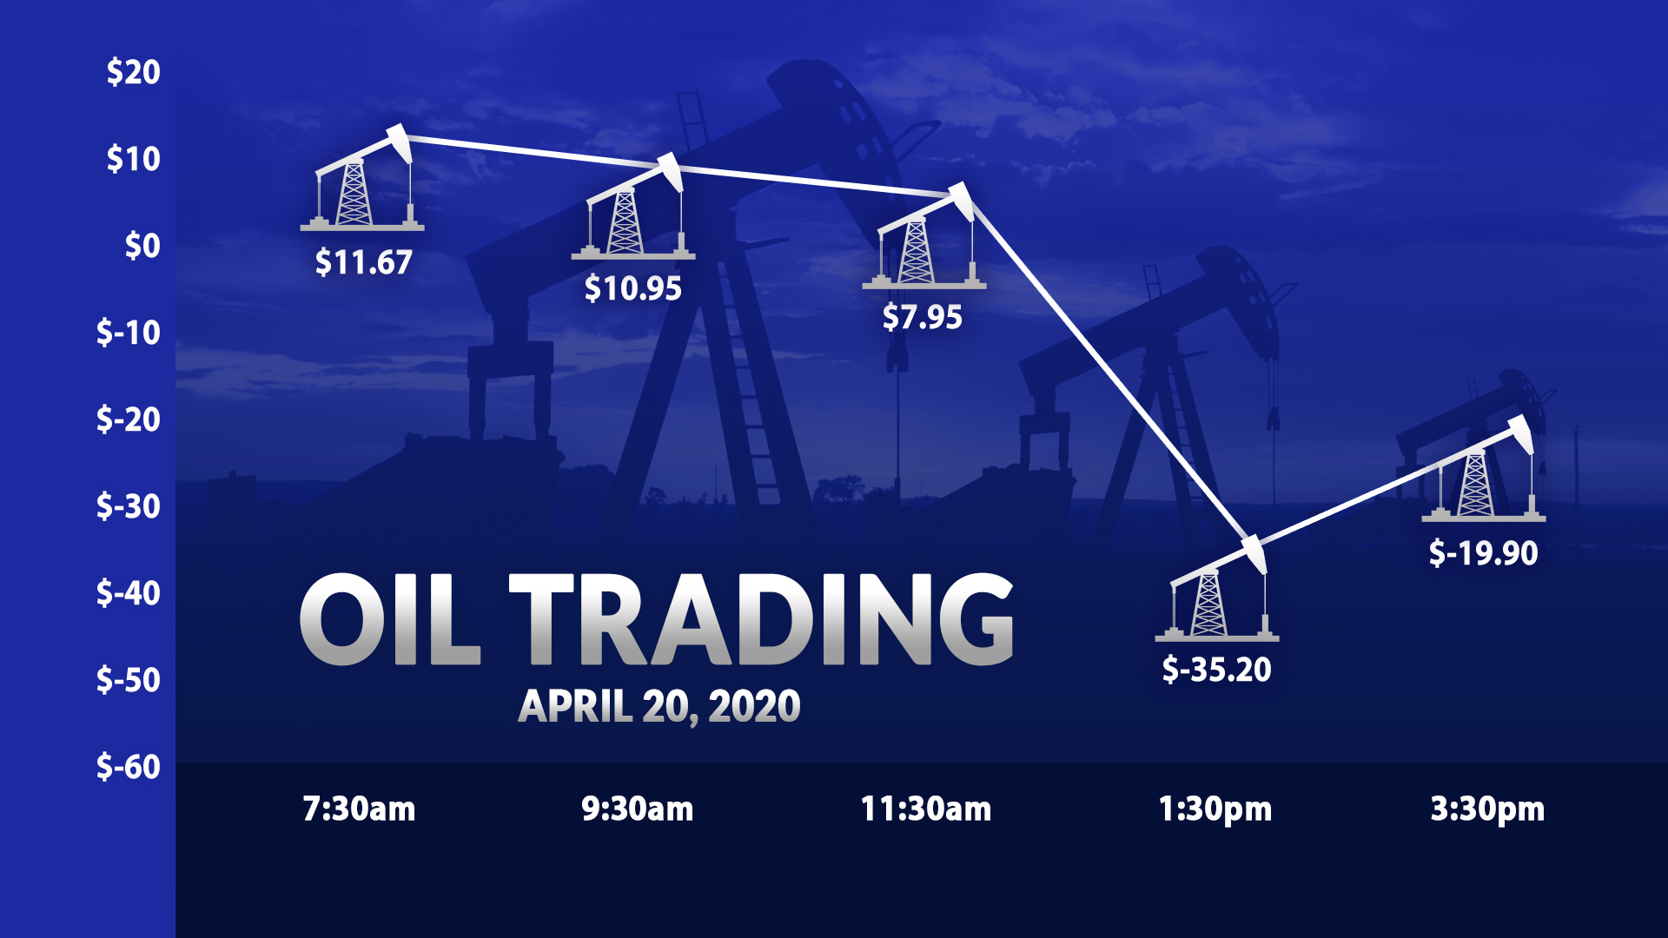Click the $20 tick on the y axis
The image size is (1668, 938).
tap(133, 72)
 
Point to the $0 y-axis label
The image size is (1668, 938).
tap(142, 246)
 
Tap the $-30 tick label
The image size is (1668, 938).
tap(129, 505)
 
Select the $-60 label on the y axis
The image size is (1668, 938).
tap(129, 766)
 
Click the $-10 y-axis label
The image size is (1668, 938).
tap(129, 332)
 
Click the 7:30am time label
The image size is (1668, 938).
tap(359, 809)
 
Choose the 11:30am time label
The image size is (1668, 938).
tap(925, 809)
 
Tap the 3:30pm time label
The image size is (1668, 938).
tap(1487, 809)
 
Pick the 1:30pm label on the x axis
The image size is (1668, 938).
tap(1215, 809)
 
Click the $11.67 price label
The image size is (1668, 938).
tap(363, 262)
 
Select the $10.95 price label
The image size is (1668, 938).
tap(632, 288)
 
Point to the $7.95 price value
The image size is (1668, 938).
tap(922, 317)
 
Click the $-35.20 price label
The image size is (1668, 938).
tap(1216, 670)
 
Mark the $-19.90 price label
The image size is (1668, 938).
tap(1483, 553)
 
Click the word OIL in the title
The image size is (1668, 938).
tap(390, 618)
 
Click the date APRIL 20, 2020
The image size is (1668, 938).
tap(659, 706)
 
